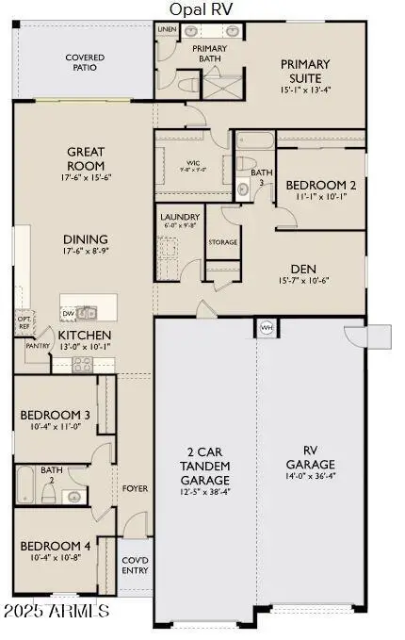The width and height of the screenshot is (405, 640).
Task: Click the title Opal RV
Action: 202,8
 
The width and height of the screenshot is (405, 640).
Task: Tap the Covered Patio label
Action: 85,63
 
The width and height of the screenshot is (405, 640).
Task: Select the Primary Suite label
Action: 306,71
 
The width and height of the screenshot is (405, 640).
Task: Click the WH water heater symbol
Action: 266,328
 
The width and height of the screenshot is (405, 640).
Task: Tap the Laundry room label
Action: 180,221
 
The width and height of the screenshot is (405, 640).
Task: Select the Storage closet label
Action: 222,242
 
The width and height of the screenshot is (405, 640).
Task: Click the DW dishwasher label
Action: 68,313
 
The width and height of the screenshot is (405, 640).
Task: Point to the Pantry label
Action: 38,346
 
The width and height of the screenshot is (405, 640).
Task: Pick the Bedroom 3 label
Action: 56,415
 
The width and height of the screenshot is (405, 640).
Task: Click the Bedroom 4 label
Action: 56,546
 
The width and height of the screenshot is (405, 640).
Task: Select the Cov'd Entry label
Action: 135,565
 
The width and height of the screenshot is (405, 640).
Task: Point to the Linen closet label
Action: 167,30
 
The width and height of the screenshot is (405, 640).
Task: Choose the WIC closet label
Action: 193,164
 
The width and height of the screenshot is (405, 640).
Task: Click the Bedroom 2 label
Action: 320,185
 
